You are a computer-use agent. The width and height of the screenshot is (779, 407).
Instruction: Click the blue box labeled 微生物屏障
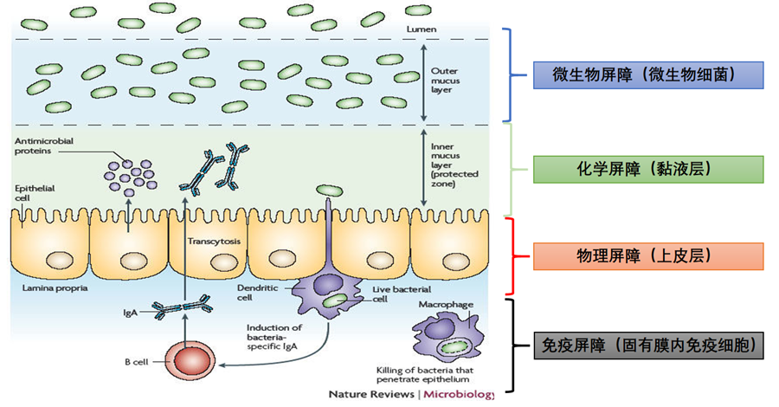click(x=646, y=75)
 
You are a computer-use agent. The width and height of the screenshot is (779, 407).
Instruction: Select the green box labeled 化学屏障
click(x=646, y=170)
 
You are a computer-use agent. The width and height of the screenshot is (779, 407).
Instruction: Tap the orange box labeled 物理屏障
click(x=646, y=255)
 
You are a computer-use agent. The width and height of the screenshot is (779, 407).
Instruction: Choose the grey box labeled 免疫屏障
click(x=646, y=346)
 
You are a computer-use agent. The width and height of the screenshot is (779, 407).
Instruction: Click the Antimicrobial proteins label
click(x=39, y=145)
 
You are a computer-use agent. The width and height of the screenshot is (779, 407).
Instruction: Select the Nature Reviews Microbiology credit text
click(x=410, y=395)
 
